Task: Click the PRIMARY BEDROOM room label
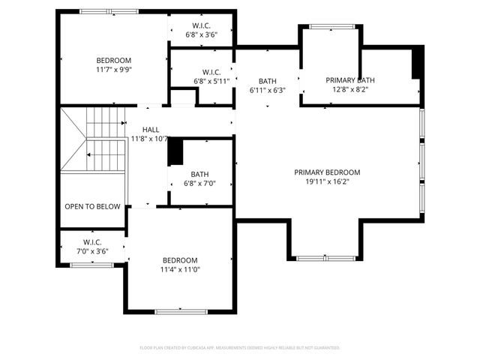327,172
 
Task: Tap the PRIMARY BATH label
349,80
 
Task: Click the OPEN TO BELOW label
92,206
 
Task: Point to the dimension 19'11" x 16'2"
327,181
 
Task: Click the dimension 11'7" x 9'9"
113,70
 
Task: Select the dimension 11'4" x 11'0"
180,269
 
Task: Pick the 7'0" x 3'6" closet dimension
92,251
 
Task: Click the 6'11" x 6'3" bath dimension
268,90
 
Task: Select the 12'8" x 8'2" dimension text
349,90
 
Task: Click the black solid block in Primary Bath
418,62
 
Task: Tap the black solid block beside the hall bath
175,152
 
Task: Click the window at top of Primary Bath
330,27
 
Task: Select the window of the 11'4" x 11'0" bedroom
180,311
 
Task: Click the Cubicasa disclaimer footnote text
240,348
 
